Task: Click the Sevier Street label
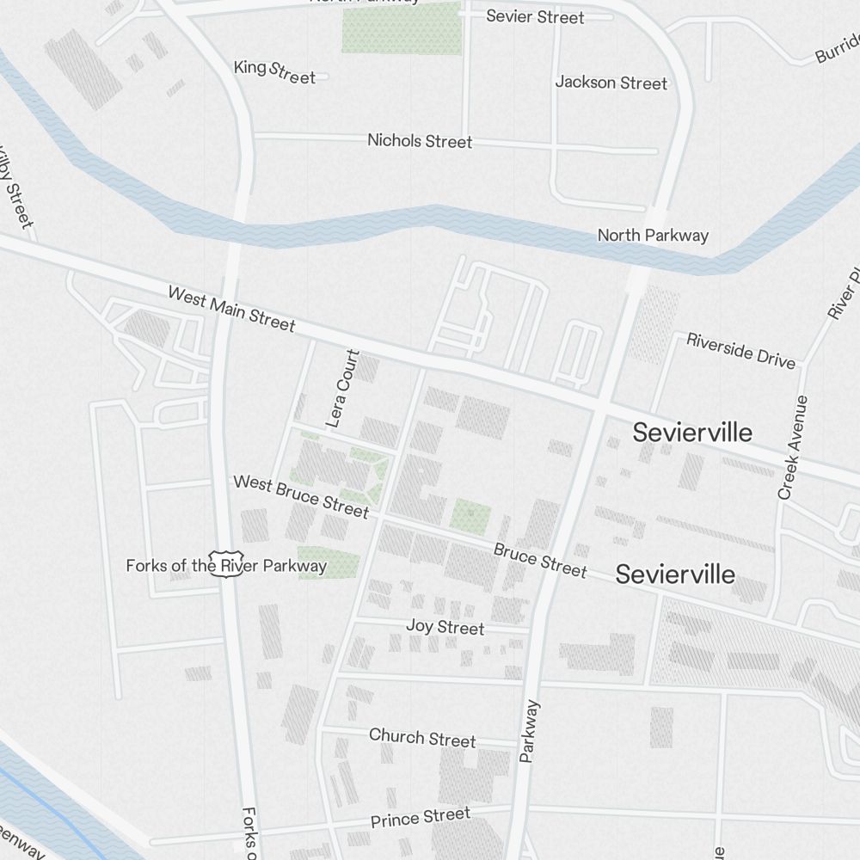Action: coord(535,16)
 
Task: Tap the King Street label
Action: coord(274,71)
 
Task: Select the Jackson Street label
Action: coord(611,83)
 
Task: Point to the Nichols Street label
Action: coord(420,140)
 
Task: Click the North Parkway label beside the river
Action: coord(653,235)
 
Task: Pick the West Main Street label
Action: coord(231,309)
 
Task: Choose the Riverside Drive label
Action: coord(740,351)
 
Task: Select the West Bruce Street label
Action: coord(301,496)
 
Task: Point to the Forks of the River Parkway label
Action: coord(226,566)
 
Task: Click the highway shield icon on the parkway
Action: coord(227,564)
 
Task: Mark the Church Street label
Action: coord(422,738)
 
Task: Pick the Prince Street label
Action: coord(421,818)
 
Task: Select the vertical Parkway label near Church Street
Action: coord(530,731)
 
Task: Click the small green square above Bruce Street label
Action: coord(470,515)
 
